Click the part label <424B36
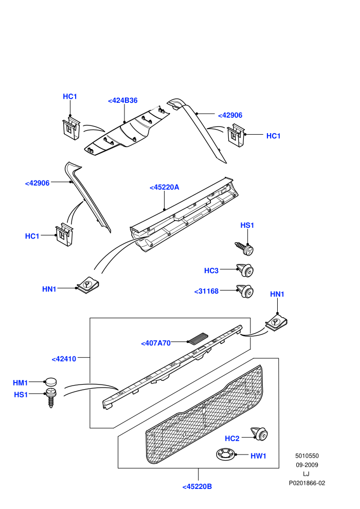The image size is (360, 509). [x=123, y=101]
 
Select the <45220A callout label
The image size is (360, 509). [x=164, y=187]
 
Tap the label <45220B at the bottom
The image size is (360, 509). [x=197, y=486]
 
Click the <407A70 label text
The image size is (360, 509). [x=156, y=343]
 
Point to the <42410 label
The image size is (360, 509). [x=64, y=359]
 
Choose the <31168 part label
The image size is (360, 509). [x=206, y=291]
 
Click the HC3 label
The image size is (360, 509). [x=211, y=271]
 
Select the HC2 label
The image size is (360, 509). [x=232, y=439]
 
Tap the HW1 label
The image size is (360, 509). [x=258, y=456]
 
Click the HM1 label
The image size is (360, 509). [x=21, y=383]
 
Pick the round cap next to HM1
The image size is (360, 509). [x=50, y=381]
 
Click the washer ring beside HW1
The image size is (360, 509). [x=225, y=453]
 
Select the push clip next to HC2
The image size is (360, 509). [x=259, y=434]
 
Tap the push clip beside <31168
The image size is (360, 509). [x=245, y=291]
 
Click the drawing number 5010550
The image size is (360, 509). [x=307, y=456]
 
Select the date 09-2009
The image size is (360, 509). [x=307, y=465]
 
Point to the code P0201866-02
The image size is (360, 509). [x=307, y=483]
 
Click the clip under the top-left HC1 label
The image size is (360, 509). [x=71, y=129]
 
